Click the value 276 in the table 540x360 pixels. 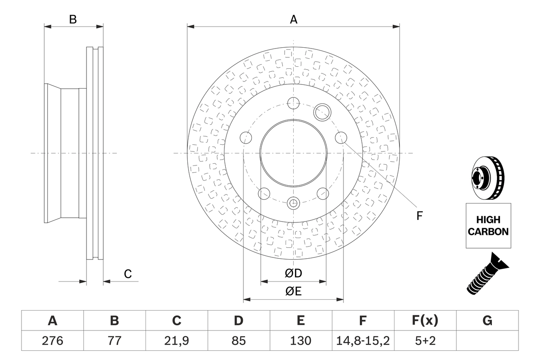(52, 341)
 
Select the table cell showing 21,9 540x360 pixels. (176, 341)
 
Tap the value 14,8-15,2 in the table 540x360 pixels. (362, 341)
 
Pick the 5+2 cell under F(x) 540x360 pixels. (425, 341)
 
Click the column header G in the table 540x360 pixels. (487, 321)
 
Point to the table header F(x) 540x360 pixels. (425, 321)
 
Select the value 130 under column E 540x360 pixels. (300, 341)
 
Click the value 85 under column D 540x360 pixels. (238, 341)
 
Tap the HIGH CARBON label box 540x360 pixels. (488, 226)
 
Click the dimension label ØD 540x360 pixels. (294, 273)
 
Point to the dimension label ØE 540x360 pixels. (294, 292)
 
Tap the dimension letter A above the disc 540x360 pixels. (294, 19)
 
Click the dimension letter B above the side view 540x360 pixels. (73, 19)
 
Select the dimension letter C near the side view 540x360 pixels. (127, 274)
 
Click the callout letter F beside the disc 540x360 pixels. (419, 216)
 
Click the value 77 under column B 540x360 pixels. (114, 341)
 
